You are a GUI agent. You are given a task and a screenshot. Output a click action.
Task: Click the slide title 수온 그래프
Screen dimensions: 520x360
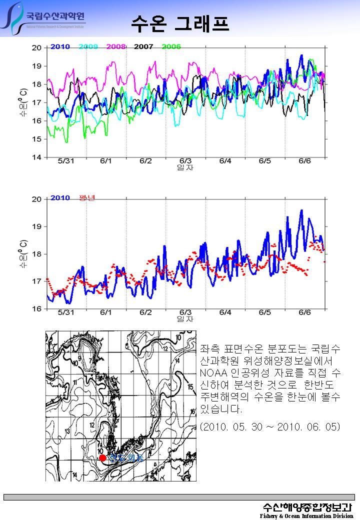click(179, 22)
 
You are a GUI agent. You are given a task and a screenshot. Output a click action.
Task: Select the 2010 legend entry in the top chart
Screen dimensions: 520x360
click(60, 46)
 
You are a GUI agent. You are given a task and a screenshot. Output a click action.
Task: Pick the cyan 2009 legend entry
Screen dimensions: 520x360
click(88, 46)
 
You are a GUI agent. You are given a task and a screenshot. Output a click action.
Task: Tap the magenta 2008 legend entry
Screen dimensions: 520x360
click(115, 46)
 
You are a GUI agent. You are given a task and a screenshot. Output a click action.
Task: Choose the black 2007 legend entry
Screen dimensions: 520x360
click(143, 46)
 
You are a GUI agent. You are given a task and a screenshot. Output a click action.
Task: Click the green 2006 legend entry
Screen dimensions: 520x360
click(171, 46)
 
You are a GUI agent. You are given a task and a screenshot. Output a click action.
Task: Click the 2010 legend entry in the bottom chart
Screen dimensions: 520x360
click(60, 198)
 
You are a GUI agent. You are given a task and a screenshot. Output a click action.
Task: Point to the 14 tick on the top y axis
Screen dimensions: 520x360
click(36, 157)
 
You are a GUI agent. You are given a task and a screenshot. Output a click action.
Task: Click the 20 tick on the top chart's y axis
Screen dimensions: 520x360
click(36, 48)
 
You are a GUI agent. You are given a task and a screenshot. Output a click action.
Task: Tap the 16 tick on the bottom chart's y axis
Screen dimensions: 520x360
click(36, 309)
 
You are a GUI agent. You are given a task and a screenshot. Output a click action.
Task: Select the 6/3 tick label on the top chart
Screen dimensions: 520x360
click(185, 161)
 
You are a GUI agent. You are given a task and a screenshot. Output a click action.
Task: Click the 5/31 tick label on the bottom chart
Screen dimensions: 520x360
click(65, 312)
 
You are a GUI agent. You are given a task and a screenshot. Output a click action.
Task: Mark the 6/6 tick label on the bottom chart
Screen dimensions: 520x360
click(304, 312)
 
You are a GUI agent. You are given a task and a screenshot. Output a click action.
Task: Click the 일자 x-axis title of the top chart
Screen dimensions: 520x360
click(185, 168)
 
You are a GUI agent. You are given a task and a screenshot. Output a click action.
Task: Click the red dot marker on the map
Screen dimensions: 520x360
click(102, 457)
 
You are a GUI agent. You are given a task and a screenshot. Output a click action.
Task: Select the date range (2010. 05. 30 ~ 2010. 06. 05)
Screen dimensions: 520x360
click(270, 427)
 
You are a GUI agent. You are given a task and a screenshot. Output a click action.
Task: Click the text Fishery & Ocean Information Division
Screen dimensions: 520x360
click(306, 516)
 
